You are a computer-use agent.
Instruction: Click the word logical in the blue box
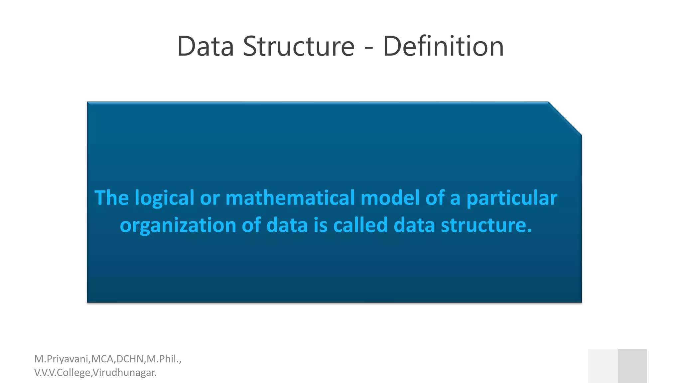point(164,198)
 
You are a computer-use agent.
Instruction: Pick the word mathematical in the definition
point(290,198)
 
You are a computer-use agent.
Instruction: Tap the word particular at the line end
point(512,198)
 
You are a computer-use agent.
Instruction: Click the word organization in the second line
point(178,226)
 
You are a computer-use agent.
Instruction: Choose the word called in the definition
point(360,225)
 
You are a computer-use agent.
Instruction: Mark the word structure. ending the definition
point(486,225)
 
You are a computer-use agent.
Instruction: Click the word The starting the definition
point(111,198)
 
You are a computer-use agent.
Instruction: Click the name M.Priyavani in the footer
point(61,359)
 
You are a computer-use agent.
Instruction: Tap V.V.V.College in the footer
point(62,373)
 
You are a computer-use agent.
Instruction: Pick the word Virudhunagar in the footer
point(125,373)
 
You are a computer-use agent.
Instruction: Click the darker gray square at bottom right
point(632,366)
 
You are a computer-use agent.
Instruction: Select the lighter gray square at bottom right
point(603,366)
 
